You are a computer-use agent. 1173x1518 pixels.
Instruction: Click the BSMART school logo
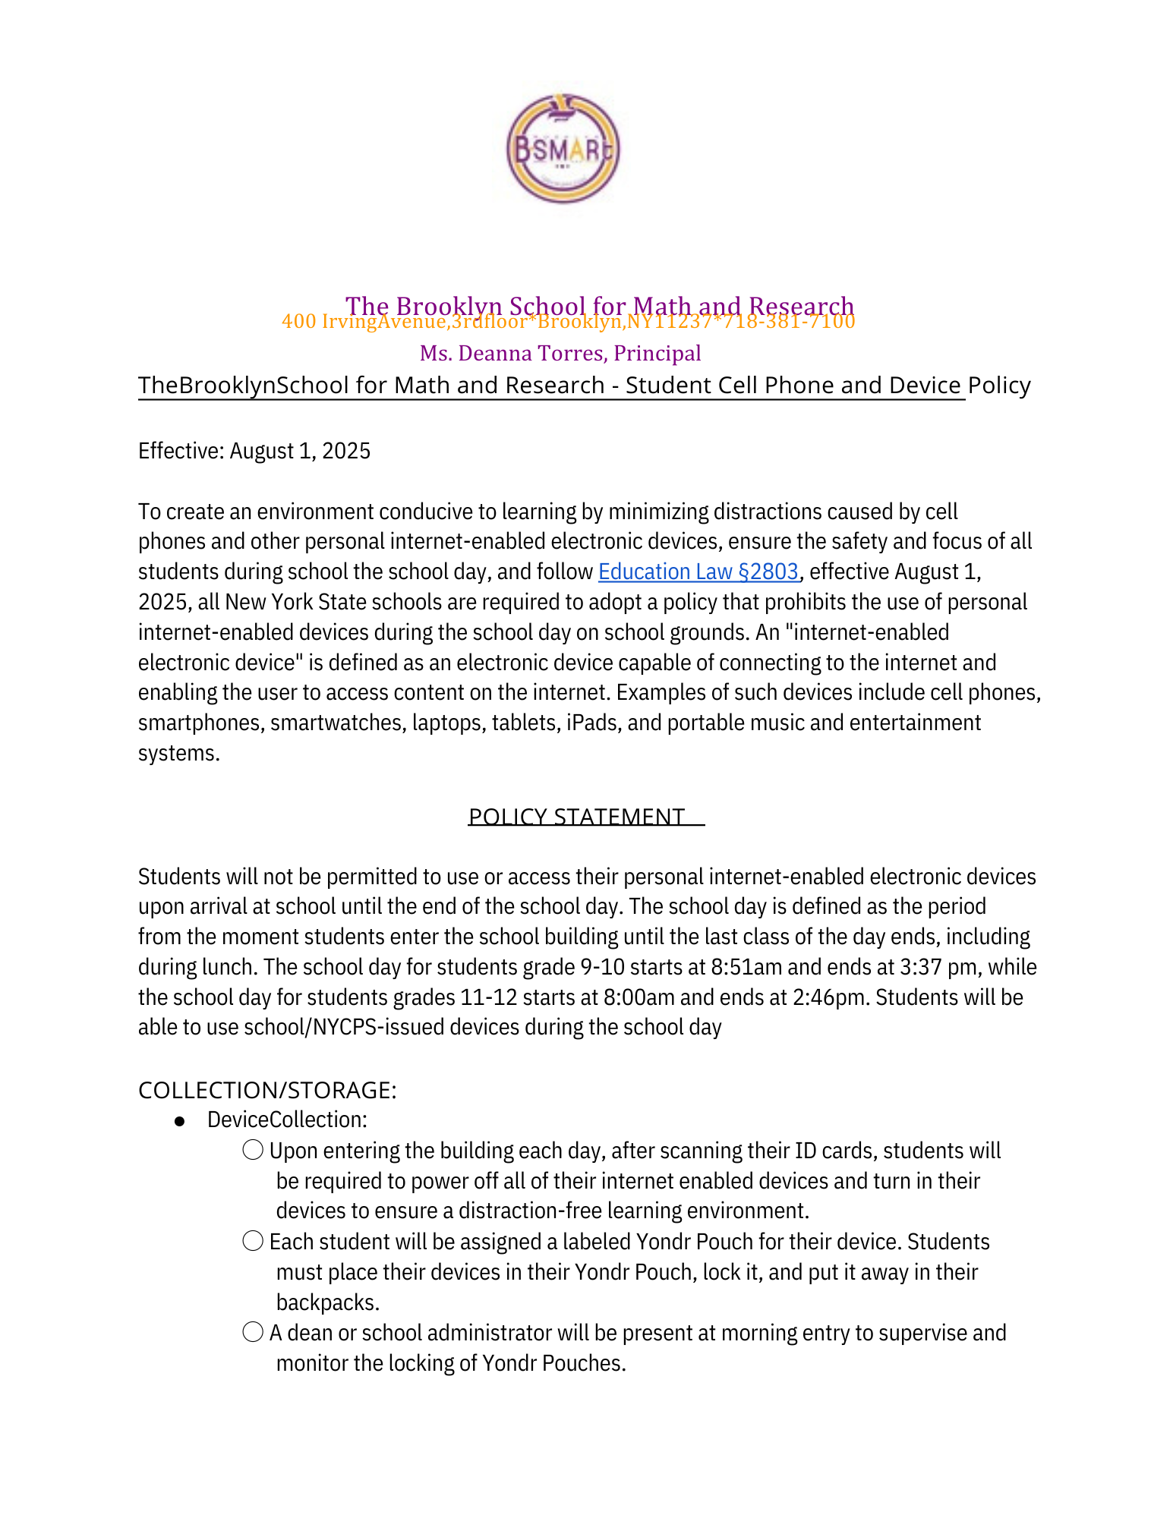(x=563, y=149)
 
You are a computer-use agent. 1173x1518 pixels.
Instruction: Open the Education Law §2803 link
(x=698, y=572)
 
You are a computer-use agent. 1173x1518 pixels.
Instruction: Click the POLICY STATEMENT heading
(x=576, y=817)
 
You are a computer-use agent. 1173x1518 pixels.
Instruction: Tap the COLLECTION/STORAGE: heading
(x=267, y=1090)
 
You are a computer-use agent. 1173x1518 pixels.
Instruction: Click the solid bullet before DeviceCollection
(x=180, y=1121)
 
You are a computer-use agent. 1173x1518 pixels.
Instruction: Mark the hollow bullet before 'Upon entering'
(x=253, y=1151)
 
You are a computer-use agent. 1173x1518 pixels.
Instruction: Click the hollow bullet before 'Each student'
(x=253, y=1242)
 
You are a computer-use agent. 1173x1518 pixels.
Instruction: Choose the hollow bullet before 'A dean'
(x=253, y=1333)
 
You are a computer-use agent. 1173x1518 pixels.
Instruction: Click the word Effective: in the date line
(x=181, y=451)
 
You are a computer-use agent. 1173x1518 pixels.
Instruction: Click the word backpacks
(x=327, y=1302)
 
